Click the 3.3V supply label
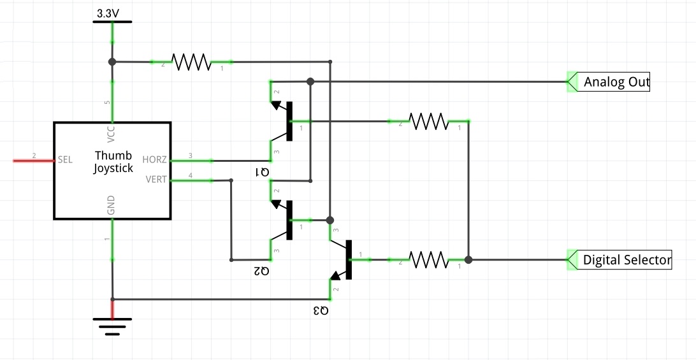[x=108, y=14]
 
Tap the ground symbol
[x=112, y=326]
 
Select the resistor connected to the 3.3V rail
[x=191, y=62]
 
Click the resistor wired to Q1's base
[x=428, y=121]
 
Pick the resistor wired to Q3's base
[x=428, y=260]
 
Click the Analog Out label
[x=616, y=82]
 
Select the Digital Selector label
[x=627, y=260]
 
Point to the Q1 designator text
[x=262, y=172]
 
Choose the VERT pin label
[x=156, y=180]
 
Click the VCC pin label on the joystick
[x=112, y=134]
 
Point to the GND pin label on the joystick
[x=112, y=205]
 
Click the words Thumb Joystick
[x=113, y=162]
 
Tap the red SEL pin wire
[x=34, y=160]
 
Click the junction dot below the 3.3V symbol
[x=112, y=62]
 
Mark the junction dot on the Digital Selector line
[x=468, y=260]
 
